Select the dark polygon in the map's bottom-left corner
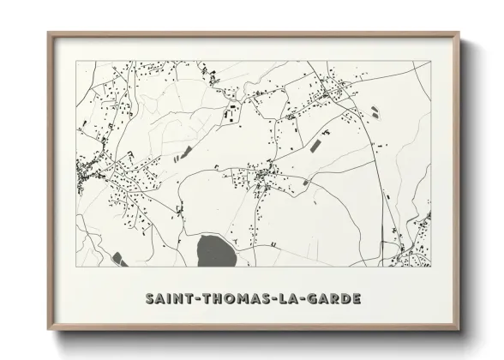[x=117, y=256]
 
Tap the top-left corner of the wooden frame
[x=48, y=33]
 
